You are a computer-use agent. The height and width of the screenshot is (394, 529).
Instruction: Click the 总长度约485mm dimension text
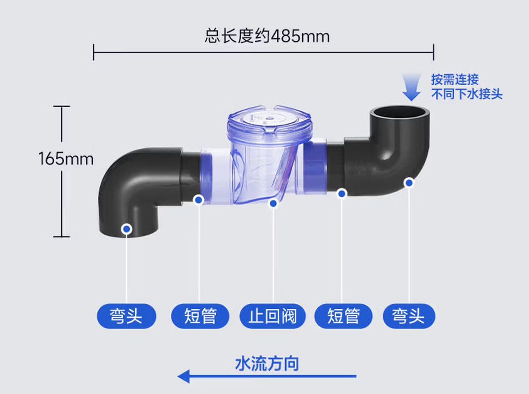coord(267,36)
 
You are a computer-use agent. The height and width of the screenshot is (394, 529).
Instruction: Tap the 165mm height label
coord(66,159)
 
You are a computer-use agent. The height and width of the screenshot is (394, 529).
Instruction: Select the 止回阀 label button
coord(272,316)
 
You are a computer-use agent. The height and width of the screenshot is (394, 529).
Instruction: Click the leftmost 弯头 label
coord(126,316)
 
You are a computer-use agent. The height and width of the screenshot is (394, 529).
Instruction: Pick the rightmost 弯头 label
coord(409,316)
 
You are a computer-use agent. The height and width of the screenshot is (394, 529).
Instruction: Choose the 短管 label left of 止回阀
coord(200,316)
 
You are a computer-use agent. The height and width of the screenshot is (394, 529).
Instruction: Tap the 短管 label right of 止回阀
coord(343,316)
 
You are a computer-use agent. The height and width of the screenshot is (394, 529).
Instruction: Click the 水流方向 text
coord(267,363)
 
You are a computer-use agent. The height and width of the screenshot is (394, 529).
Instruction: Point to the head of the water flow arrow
coord(178,376)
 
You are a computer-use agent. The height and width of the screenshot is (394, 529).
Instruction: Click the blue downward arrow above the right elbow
coord(411,87)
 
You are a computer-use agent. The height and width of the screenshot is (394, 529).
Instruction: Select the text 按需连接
coord(455,80)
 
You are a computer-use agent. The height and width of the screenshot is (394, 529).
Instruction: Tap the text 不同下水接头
coord(467,94)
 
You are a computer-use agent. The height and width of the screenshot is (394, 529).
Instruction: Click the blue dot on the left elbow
coord(127,229)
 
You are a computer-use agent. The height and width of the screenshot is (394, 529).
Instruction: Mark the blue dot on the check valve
coord(273,203)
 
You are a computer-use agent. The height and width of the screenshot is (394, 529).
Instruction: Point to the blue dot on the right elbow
coord(409,183)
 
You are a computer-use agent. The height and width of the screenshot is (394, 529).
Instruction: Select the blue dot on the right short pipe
coord(342,194)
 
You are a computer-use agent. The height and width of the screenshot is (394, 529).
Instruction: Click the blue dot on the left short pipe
coord(199,200)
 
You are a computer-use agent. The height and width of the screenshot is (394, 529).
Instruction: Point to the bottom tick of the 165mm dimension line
coord(61,237)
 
